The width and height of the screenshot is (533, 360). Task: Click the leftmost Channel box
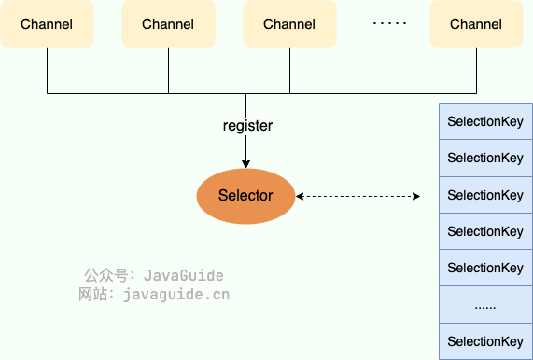(47, 24)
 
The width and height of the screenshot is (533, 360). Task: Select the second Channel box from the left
(168, 24)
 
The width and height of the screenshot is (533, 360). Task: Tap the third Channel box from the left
(289, 24)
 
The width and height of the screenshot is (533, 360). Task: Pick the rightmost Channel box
(476, 24)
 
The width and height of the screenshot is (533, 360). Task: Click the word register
(247, 125)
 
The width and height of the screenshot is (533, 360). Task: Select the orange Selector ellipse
(245, 196)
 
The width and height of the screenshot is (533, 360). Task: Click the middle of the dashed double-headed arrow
(358, 197)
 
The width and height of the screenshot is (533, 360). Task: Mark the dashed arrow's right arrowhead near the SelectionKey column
(416, 197)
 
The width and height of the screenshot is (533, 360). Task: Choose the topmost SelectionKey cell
(485, 121)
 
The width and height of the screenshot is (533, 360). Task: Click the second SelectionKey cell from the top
(485, 158)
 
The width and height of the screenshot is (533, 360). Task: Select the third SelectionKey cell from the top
(485, 195)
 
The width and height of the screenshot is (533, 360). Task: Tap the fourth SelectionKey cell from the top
(485, 231)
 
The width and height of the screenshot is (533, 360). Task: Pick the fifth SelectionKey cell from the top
(485, 268)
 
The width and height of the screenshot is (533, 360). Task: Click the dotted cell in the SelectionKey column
(485, 305)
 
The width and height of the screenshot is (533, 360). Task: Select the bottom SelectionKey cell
(485, 341)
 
